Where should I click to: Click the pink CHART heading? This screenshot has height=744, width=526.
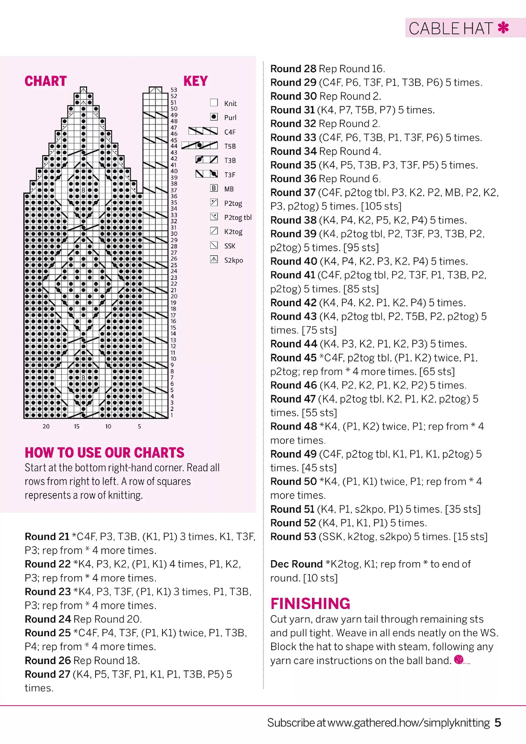tap(45, 81)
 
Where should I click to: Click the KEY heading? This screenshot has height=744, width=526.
tap(196, 81)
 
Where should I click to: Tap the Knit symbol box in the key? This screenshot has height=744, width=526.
tap(214, 102)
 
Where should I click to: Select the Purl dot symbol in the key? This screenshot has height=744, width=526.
tap(214, 117)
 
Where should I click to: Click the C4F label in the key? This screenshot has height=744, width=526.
tap(230, 132)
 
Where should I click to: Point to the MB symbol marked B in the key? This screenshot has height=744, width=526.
tap(214, 189)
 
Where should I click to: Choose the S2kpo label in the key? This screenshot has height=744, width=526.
tap(233, 260)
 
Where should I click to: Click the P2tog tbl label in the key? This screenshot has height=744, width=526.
tap(238, 217)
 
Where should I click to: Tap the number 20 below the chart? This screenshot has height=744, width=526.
tap(46, 426)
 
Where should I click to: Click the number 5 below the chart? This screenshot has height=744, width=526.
tap(139, 426)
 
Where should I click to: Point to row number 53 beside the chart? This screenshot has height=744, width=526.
tap(174, 89)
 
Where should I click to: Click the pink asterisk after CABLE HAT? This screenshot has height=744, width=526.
tap(503, 28)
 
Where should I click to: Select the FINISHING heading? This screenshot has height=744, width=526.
tap(310, 603)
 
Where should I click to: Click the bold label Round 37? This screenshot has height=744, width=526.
tap(293, 192)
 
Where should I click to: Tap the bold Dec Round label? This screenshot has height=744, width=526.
tap(296, 564)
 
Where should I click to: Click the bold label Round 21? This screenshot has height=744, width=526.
tap(47, 536)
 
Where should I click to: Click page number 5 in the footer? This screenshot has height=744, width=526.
tap(498, 722)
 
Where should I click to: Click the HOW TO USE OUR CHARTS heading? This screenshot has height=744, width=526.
tap(104, 453)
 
